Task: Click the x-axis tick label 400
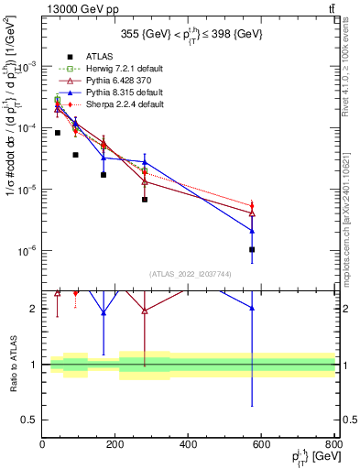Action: [x=188, y=445]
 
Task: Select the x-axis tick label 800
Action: [x=333, y=445]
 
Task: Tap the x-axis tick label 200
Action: [x=115, y=445]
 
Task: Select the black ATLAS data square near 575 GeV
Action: [x=252, y=249]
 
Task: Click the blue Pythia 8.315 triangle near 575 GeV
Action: [x=252, y=231]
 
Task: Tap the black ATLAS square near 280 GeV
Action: [x=145, y=200]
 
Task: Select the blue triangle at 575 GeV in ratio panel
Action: [x=252, y=309]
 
